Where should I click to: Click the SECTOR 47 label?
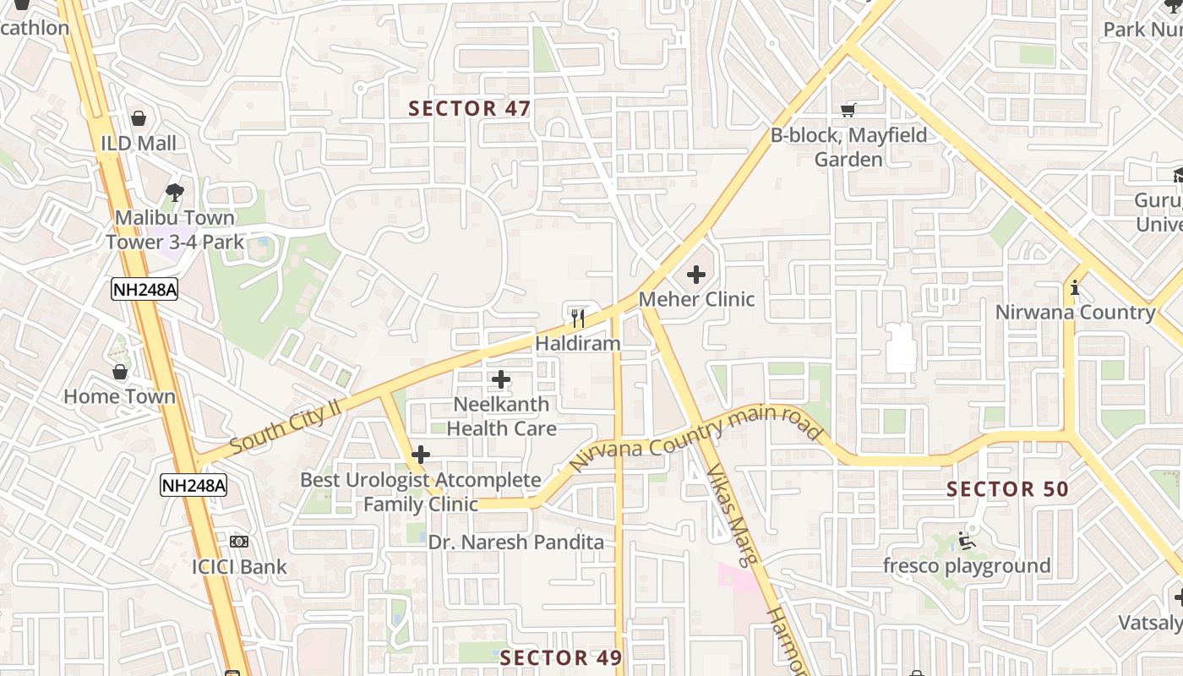click(x=470, y=108)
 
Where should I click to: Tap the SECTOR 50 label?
click(x=1007, y=488)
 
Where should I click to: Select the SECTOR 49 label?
click(x=561, y=657)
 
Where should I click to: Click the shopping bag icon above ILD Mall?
click(x=139, y=118)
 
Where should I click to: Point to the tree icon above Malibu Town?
click(x=175, y=192)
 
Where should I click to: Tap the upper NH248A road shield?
click(x=144, y=290)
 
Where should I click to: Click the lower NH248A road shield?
click(x=194, y=485)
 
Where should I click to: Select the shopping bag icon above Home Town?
click(x=120, y=372)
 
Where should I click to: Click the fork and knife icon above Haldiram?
click(x=578, y=318)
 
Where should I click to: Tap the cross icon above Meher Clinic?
click(x=696, y=275)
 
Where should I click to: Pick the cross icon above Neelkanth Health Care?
click(x=501, y=379)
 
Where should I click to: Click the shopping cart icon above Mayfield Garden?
click(x=848, y=110)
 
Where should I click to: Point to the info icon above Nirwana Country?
click(x=1075, y=287)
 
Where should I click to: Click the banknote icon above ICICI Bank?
click(x=239, y=542)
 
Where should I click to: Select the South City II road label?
click(x=284, y=425)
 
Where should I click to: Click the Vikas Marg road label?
click(x=734, y=512)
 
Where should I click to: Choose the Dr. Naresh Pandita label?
click(x=515, y=542)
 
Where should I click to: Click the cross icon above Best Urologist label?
click(x=420, y=455)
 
